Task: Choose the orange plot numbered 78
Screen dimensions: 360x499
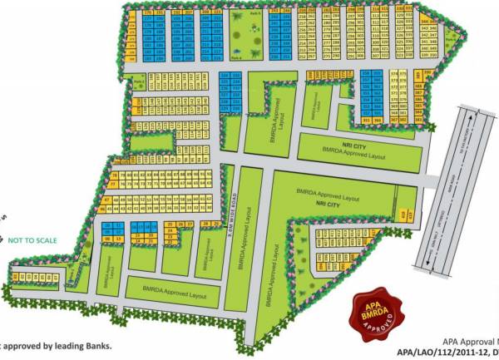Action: click(114, 175)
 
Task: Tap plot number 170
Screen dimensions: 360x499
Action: click(147, 14)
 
